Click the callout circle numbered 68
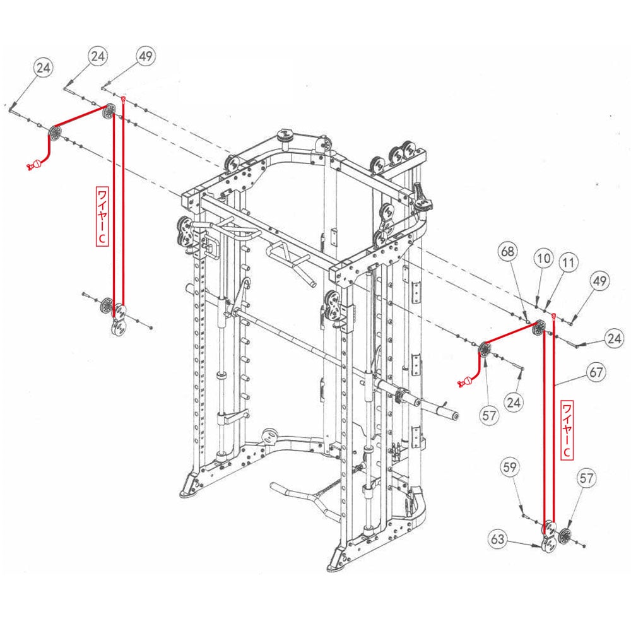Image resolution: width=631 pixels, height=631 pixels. click(508, 252)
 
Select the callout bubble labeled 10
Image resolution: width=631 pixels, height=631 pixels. click(544, 258)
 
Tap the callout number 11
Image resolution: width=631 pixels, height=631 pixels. click(569, 264)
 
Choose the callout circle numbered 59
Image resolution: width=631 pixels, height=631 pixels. click(510, 468)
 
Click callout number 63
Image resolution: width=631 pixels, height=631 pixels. click(498, 540)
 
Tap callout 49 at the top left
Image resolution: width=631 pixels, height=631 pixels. click(145, 57)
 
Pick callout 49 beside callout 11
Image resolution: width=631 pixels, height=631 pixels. click(600, 281)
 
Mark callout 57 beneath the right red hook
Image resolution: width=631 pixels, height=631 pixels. click(490, 415)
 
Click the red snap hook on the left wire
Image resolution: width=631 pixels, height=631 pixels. click(33, 165)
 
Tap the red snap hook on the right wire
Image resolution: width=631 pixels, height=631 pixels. click(465, 381)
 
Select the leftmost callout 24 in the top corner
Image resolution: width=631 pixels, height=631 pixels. click(43, 68)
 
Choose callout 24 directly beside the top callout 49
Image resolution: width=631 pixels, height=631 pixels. click(97, 56)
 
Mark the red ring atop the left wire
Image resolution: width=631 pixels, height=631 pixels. click(124, 100)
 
